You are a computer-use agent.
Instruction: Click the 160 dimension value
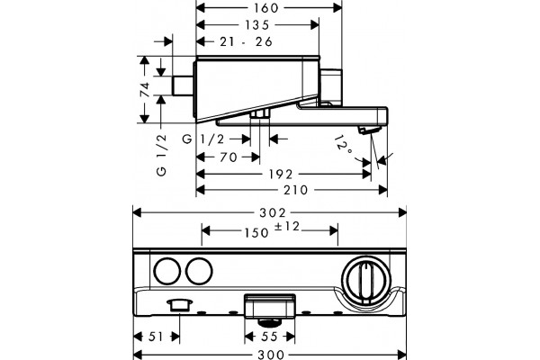267,8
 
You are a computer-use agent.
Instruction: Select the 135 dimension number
256,25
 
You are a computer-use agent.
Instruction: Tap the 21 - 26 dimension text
246,41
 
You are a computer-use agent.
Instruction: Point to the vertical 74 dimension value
145,89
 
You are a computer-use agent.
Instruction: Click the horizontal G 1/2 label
203,139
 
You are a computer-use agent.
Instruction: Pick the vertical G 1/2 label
161,155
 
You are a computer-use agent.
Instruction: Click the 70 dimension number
229,157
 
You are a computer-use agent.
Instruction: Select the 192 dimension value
281,175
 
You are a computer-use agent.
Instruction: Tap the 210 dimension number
295,190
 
